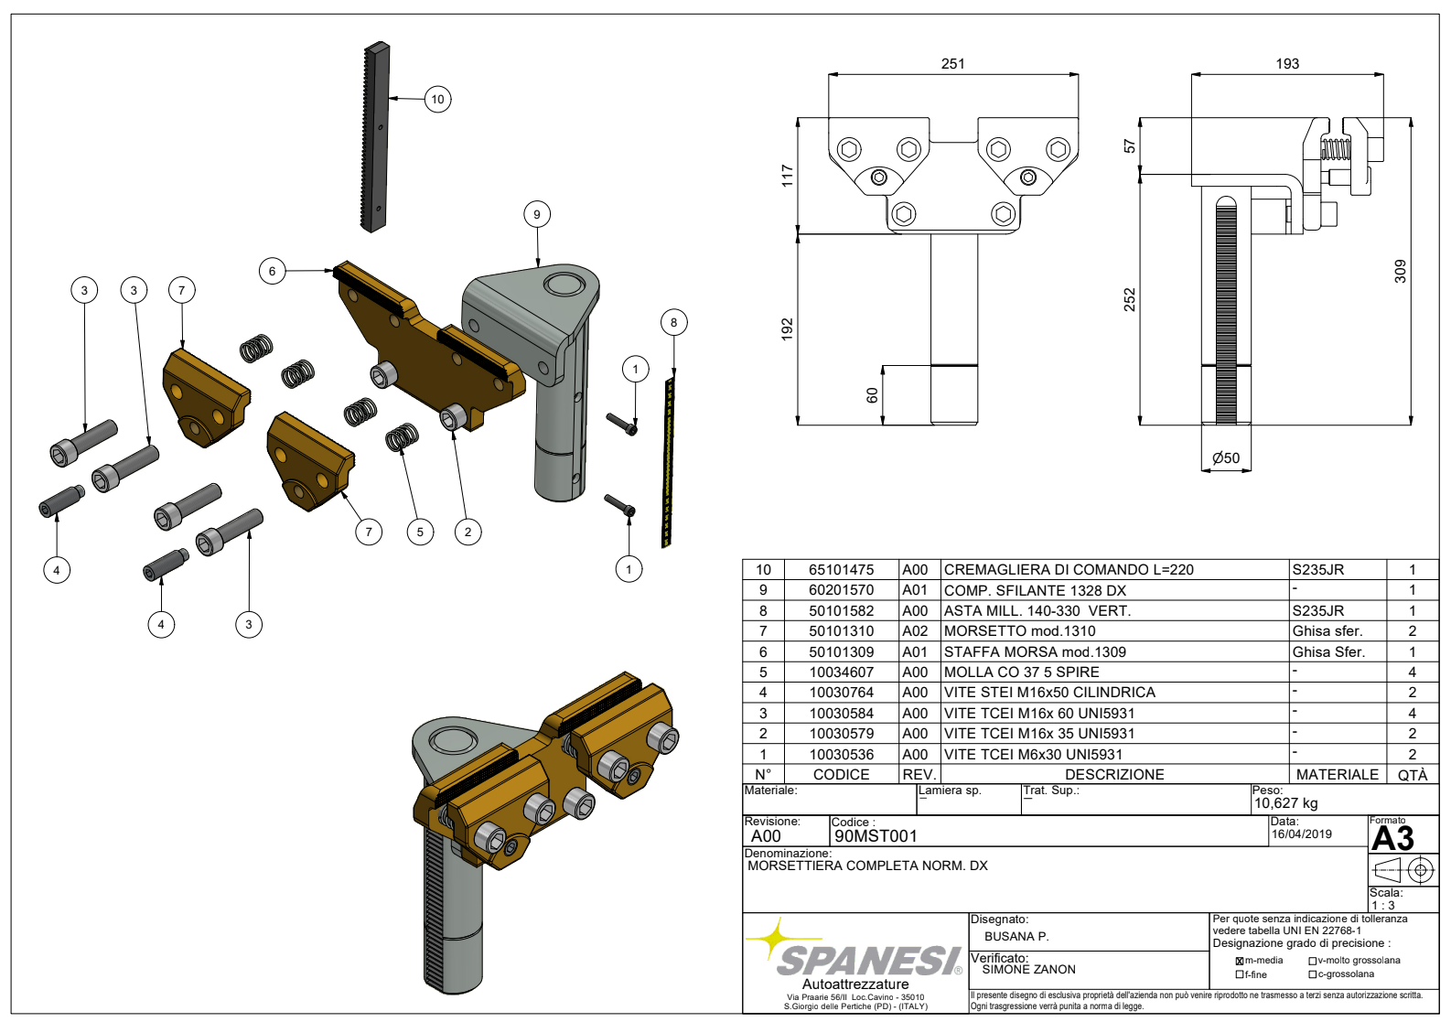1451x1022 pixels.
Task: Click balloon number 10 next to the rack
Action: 437,99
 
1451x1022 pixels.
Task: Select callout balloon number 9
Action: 537,214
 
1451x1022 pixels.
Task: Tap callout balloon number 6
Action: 272,271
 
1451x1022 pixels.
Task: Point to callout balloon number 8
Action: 673,322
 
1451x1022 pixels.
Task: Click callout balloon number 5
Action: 420,532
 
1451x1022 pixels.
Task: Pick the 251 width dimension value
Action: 952,64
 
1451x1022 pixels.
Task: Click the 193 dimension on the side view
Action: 1287,64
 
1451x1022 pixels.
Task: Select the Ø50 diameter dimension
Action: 1226,457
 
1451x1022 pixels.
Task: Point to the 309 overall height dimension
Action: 1400,271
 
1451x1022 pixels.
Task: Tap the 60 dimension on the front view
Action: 872,395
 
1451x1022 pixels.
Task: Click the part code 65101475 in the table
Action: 841,570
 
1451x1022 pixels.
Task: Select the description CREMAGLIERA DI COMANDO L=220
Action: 1069,570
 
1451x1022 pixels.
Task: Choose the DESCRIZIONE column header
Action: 1114,774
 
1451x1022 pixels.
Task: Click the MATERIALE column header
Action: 1337,774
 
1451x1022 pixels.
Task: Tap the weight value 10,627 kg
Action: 1285,803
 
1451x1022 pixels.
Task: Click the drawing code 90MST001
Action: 876,835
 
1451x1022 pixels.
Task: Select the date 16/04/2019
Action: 1301,834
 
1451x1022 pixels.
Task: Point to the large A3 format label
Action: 1392,839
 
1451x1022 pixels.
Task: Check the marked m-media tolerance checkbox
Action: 1239,961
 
